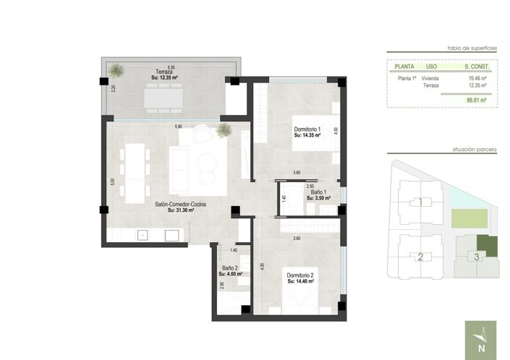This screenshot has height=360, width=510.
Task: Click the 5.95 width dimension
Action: [x=178, y=127]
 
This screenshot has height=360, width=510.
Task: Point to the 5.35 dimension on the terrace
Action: [x=171, y=66]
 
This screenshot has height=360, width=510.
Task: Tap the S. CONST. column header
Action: [x=477, y=66]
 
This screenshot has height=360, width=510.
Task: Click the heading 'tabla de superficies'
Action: [x=472, y=47]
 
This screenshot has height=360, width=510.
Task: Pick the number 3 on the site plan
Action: [x=475, y=256]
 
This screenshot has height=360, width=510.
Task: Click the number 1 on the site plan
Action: [x=420, y=202]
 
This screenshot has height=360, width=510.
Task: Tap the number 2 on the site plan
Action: [x=420, y=257]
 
